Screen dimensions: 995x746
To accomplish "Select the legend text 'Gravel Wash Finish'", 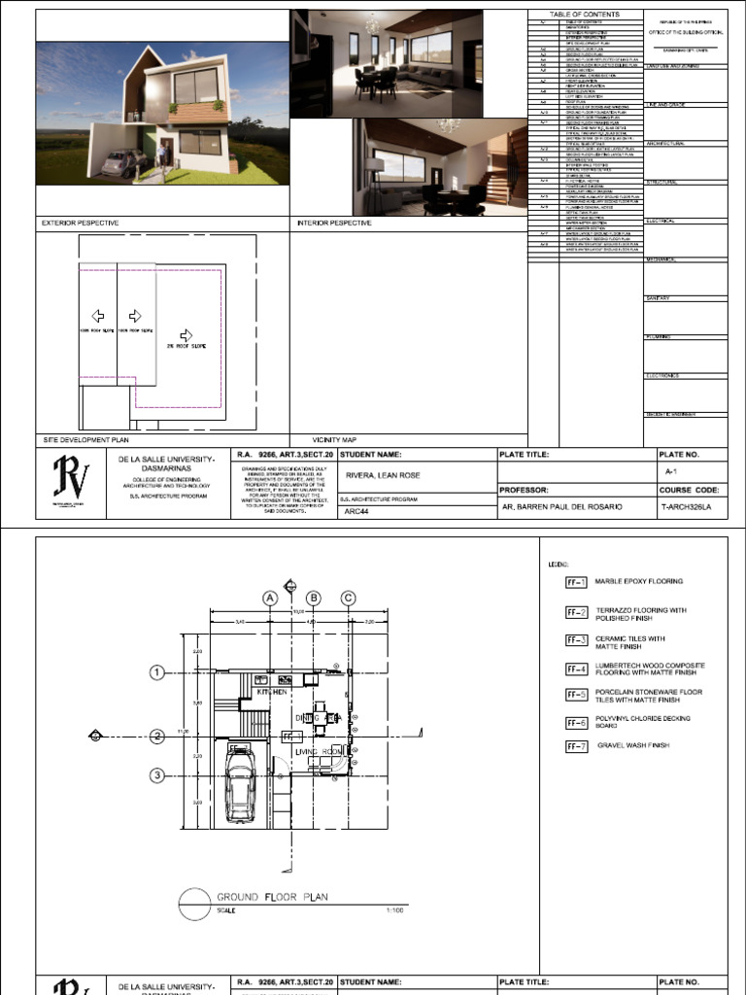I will tap(632, 745).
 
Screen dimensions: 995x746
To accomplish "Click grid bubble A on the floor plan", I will tap(270, 599).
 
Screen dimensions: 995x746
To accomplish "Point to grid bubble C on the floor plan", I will tap(347, 599).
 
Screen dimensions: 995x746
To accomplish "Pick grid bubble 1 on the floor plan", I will tap(156, 671).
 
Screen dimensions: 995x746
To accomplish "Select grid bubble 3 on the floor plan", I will tap(156, 774).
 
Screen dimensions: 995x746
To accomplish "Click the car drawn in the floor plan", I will tap(237, 790).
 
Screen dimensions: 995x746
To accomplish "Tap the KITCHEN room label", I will tap(272, 692).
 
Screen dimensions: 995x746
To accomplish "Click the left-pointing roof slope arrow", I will tap(97, 316).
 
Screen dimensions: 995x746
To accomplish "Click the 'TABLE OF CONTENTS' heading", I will tap(585, 15).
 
